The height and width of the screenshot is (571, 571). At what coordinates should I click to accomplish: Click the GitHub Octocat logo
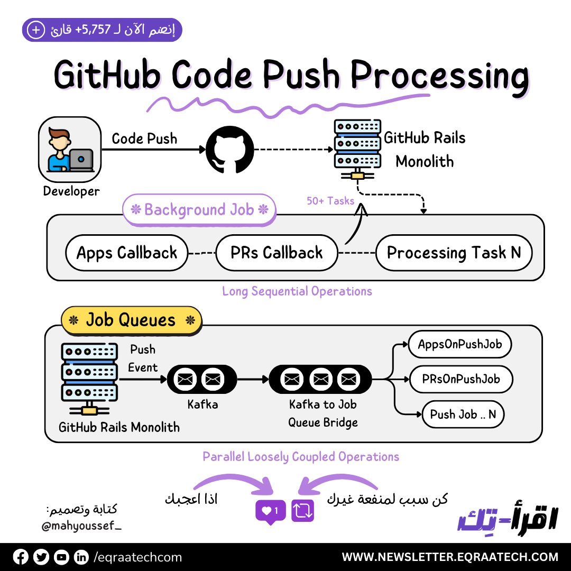(230, 150)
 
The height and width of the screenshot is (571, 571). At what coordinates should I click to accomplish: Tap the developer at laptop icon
(70, 150)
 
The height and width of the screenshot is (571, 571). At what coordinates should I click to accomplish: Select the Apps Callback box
(127, 253)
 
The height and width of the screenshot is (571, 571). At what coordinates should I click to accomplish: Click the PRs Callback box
(277, 253)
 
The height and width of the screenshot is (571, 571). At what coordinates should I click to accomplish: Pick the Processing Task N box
(454, 253)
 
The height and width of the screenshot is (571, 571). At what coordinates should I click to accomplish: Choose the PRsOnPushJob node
(461, 379)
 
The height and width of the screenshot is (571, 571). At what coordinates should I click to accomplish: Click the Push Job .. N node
(463, 415)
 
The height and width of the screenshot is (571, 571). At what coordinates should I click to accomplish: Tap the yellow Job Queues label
(131, 320)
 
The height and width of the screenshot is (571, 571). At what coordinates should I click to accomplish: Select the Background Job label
(199, 210)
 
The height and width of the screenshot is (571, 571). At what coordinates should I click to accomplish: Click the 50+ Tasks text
(330, 201)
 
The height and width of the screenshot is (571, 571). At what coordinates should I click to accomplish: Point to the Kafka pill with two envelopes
(202, 379)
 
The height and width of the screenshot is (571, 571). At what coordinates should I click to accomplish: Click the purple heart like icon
(270, 511)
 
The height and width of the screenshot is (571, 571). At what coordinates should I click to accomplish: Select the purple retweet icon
(302, 511)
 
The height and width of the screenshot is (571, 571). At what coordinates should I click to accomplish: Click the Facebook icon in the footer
(21, 557)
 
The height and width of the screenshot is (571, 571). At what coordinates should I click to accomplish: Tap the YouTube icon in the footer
(61, 557)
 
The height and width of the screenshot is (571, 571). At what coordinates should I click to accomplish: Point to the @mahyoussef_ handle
(82, 526)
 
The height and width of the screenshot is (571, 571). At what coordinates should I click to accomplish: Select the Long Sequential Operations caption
(297, 291)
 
